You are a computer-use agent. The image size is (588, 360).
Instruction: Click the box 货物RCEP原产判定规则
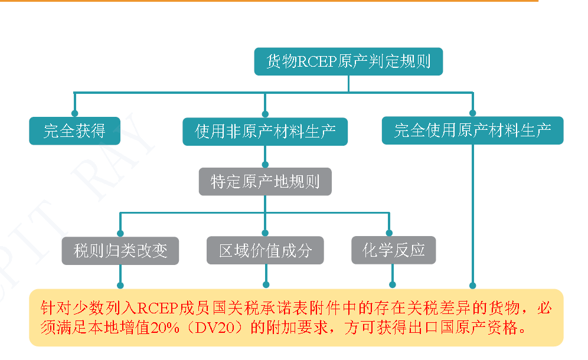coord(348,61)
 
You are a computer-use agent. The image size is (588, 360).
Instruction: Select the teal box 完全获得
coord(74,130)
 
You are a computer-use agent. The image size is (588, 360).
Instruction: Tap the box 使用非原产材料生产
coord(265,131)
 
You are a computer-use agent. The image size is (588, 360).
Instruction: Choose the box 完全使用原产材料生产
coord(472,130)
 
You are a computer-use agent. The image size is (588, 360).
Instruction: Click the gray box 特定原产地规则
coord(265,181)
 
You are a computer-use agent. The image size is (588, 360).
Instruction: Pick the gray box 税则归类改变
coord(120,250)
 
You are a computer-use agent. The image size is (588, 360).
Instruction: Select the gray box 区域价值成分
coord(265,250)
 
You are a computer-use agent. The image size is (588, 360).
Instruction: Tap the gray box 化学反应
coord(393,250)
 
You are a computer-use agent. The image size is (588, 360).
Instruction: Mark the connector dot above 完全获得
coord(74,113)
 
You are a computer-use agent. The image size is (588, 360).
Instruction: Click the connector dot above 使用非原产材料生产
coord(265,113)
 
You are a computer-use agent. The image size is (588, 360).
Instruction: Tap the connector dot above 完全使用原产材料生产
coord(472,113)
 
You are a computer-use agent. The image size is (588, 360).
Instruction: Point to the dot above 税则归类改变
coord(120,233)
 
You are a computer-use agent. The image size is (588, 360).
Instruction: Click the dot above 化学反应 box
coord(389,233)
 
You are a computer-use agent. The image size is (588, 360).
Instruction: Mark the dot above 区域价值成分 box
coord(265,233)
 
